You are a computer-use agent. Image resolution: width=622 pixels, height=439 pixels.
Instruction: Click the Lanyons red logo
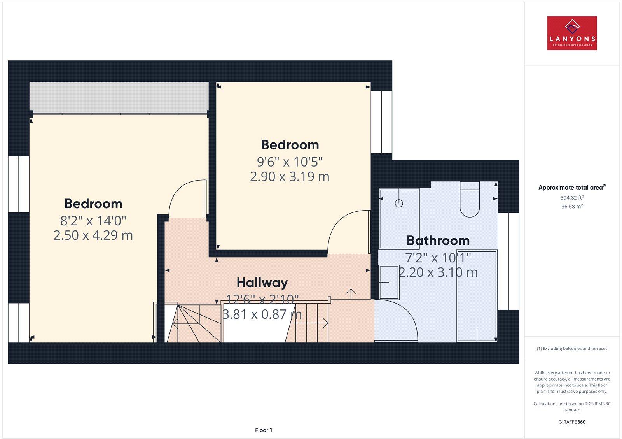(572, 33)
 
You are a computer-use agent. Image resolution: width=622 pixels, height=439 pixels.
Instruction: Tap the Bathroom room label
(438, 241)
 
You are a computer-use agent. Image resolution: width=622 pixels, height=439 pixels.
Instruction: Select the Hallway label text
(262, 283)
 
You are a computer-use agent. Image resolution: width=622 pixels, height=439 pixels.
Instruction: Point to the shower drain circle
(399, 203)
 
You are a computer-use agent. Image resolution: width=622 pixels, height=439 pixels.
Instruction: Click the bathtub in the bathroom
(477, 296)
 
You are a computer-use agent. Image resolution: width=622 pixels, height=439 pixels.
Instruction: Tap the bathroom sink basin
(388, 281)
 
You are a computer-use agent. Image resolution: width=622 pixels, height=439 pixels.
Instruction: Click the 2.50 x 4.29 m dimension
(93, 235)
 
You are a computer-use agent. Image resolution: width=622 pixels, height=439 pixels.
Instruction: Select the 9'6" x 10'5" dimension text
(290, 161)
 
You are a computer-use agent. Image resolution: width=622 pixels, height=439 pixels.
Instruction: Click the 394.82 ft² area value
(572, 197)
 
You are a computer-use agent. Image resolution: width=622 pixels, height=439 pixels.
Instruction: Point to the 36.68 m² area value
(572, 207)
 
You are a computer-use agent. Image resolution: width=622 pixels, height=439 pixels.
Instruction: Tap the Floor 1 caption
(264, 430)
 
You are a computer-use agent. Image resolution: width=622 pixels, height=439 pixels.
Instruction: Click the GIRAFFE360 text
(572, 422)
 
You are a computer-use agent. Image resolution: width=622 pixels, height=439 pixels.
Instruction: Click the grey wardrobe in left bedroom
(119, 96)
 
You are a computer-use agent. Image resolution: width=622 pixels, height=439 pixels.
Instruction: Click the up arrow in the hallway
(351, 293)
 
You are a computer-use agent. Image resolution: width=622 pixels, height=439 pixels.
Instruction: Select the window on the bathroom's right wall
(508, 261)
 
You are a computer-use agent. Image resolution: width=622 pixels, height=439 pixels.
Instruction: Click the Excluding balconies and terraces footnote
(572, 349)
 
